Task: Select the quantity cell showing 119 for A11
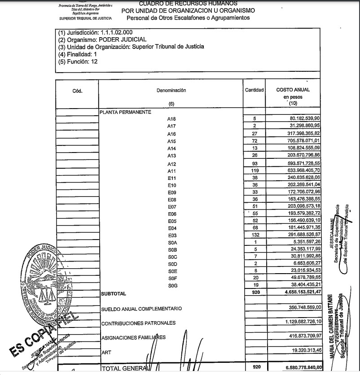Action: pos(254,171)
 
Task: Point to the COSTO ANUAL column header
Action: pos(293,90)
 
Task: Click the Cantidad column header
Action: pos(254,90)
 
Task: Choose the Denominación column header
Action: pos(171,90)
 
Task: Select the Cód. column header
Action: pos(77,90)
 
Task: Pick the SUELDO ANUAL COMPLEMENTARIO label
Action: pos(141,309)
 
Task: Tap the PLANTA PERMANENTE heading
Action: pos(126,112)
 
